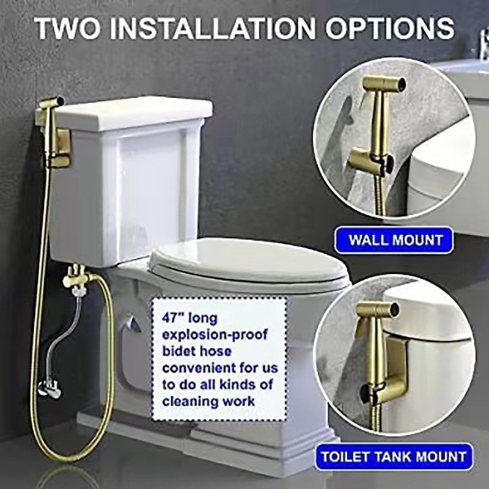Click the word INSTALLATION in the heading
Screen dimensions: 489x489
point(213,28)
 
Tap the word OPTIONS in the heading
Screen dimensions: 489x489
point(389,28)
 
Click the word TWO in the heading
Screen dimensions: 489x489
point(68,28)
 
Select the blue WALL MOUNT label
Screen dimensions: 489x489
point(394,240)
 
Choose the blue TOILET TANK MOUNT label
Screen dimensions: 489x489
point(394,457)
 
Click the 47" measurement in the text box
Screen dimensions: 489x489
point(174,318)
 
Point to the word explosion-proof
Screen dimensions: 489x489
point(215,334)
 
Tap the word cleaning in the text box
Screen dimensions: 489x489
point(189,401)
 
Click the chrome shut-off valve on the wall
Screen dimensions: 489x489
point(50,388)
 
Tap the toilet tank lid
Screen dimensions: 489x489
point(134,113)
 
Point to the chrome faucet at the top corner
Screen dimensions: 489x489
point(483,43)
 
